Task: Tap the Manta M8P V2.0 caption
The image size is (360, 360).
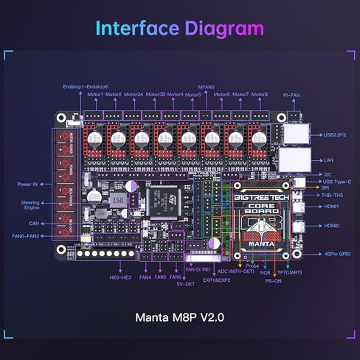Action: (x=179, y=319)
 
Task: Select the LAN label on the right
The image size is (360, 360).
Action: (x=328, y=160)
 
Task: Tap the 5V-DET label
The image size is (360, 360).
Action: (x=184, y=284)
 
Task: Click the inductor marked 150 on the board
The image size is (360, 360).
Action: (x=117, y=200)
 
